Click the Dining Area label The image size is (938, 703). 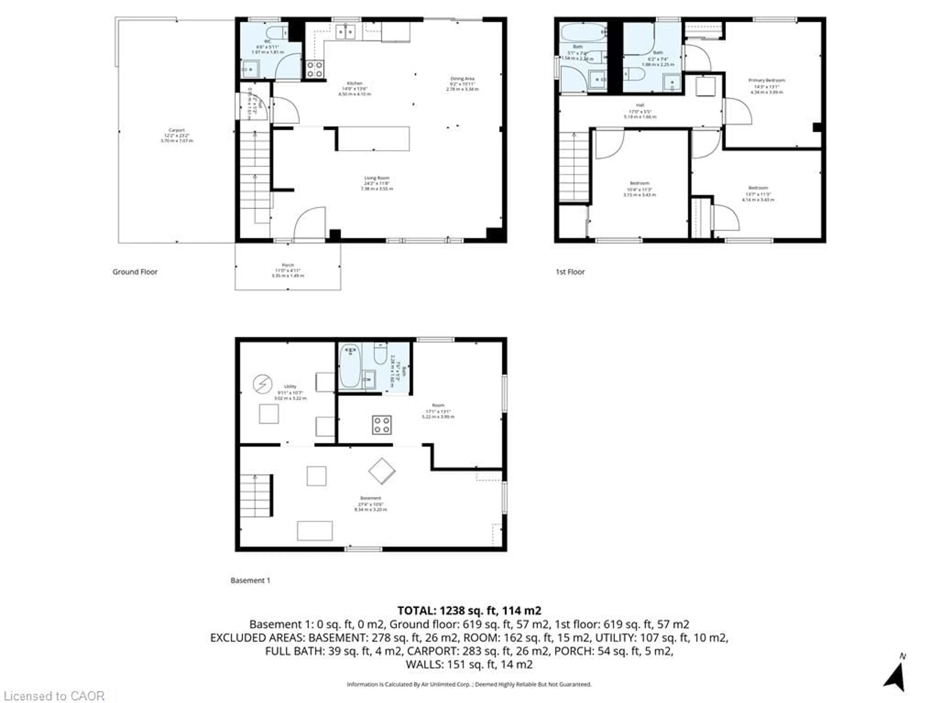click(x=462, y=79)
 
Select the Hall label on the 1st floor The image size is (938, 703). click(x=640, y=105)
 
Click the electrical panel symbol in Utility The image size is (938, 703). click(x=263, y=384)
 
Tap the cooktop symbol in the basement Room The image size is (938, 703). click(x=382, y=425)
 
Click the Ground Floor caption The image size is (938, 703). click(x=135, y=272)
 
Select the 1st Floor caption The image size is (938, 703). click(x=570, y=272)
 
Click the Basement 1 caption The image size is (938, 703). click(x=250, y=580)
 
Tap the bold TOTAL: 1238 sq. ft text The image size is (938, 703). click(x=469, y=611)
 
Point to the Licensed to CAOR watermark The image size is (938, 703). click(x=53, y=696)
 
